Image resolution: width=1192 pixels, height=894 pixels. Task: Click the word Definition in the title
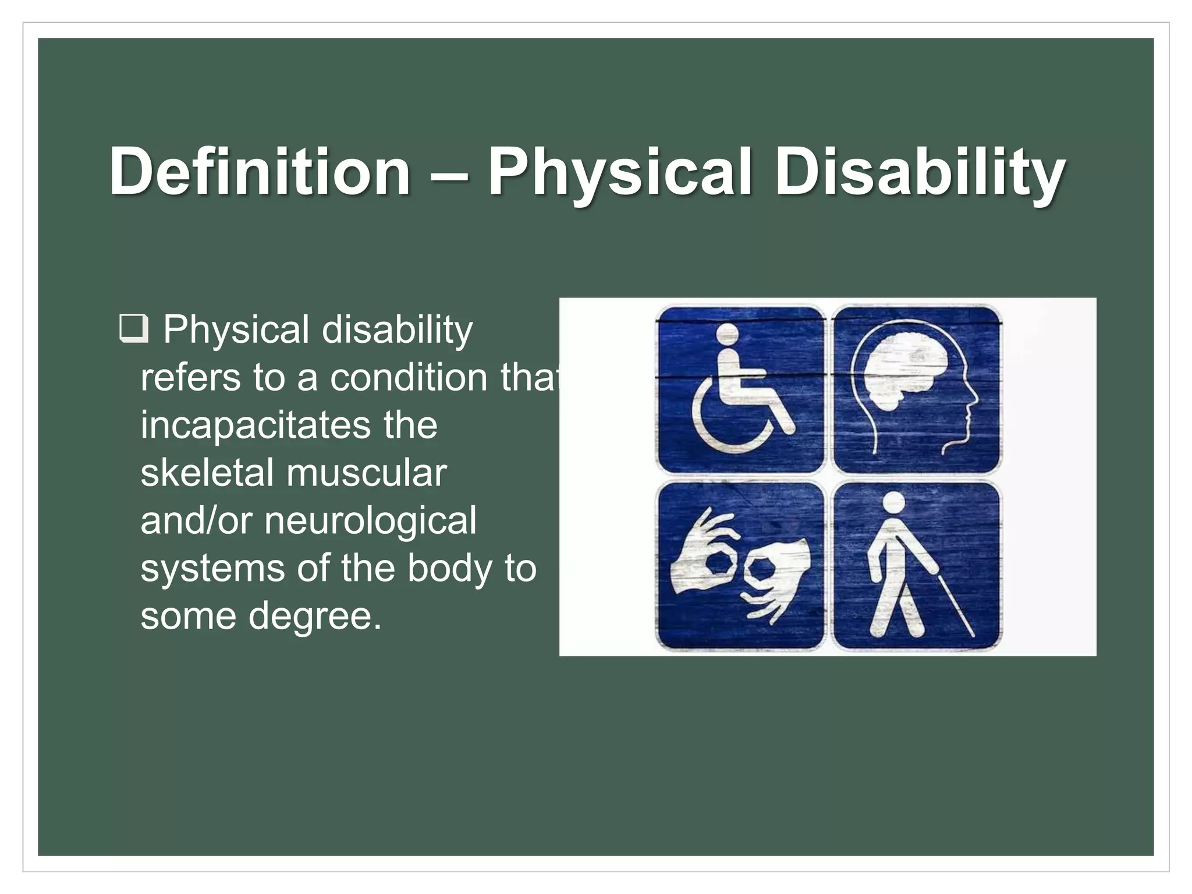point(260,171)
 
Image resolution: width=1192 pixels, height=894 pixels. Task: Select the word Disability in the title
point(920,171)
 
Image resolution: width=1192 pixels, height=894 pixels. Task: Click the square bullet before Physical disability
point(133,330)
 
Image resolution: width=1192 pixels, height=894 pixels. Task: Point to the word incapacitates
point(255,425)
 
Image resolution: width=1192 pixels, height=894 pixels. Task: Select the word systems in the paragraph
point(212,569)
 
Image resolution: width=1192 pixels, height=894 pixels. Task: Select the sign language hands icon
point(740,566)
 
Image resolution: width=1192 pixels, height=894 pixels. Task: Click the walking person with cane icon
point(917,566)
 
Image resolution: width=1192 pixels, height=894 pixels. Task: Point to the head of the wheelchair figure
point(727,335)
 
